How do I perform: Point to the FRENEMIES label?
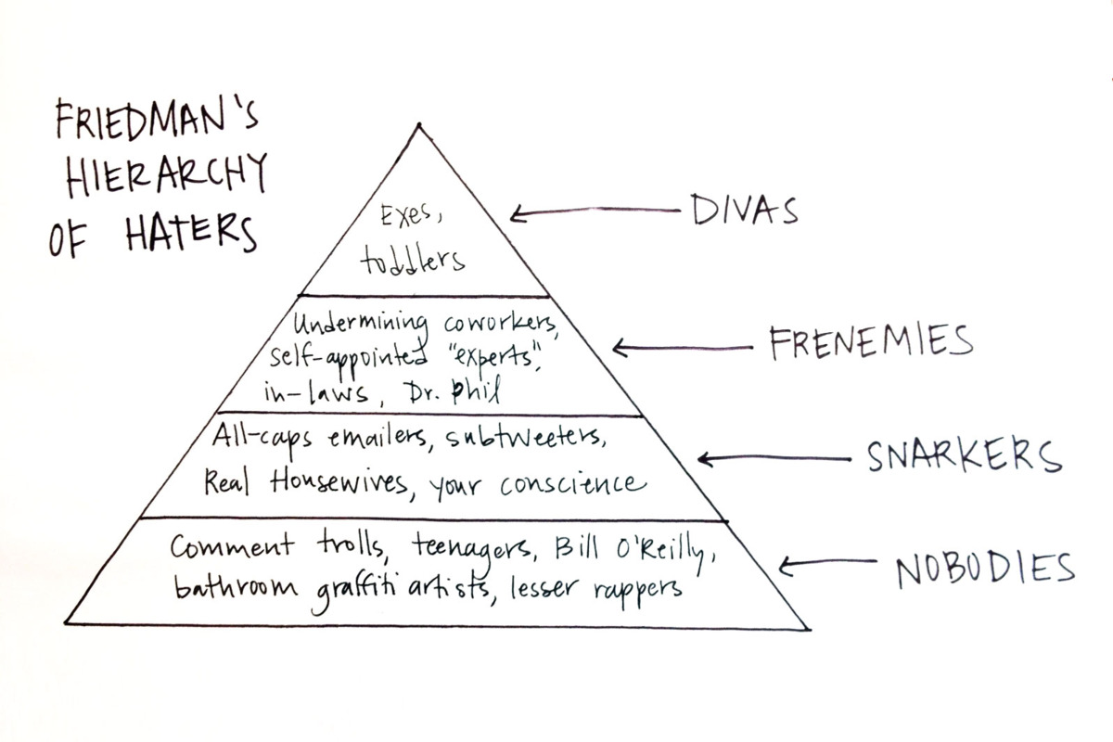pos(870,344)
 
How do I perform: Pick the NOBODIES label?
pos(984,568)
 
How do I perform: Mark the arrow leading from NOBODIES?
pos(826,566)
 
